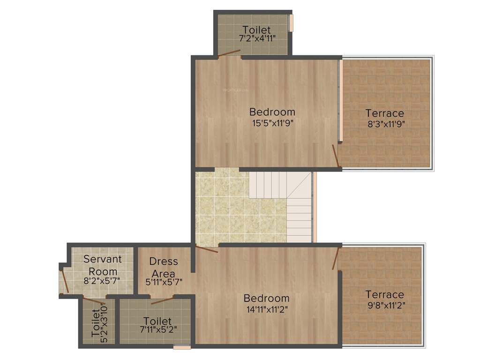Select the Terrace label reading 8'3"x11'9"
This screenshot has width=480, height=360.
[384, 124]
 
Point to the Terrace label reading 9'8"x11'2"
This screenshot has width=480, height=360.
[384, 305]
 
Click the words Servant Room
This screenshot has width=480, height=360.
[103, 265]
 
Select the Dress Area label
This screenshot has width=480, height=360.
[164, 267]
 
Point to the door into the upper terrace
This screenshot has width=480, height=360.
[336, 156]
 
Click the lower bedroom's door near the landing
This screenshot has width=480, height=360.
[207, 250]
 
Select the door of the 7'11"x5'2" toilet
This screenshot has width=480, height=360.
[162, 300]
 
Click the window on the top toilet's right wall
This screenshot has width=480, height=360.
[291, 23]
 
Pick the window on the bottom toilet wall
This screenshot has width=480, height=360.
[182, 347]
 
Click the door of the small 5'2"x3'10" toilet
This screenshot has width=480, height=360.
[94, 301]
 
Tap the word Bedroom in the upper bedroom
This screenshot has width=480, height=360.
[272, 112]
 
